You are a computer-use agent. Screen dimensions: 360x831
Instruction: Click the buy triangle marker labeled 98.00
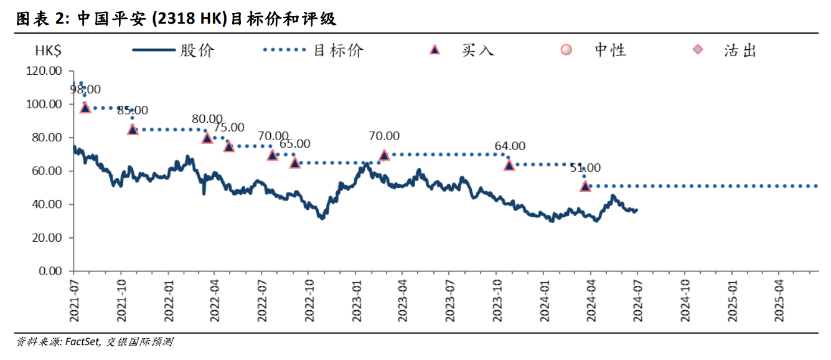(x=85, y=107)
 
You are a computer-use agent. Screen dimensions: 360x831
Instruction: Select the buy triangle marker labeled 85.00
(x=133, y=130)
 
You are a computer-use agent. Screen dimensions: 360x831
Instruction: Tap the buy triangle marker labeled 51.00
(x=585, y=186)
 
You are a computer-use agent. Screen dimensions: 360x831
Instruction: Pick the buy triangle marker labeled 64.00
(x=509, y=165)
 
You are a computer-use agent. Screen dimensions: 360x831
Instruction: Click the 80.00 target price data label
(x=207, y=119)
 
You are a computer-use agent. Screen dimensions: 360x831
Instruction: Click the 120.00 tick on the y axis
(x=44, y=71)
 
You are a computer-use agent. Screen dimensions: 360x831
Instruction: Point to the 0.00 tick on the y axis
(x=49, y=272)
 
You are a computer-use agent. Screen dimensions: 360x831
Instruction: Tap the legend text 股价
(x=197, y=50)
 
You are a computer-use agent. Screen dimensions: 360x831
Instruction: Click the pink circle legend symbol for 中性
(x=566, y=50)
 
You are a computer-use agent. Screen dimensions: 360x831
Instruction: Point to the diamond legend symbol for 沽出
(x=698, y=50)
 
